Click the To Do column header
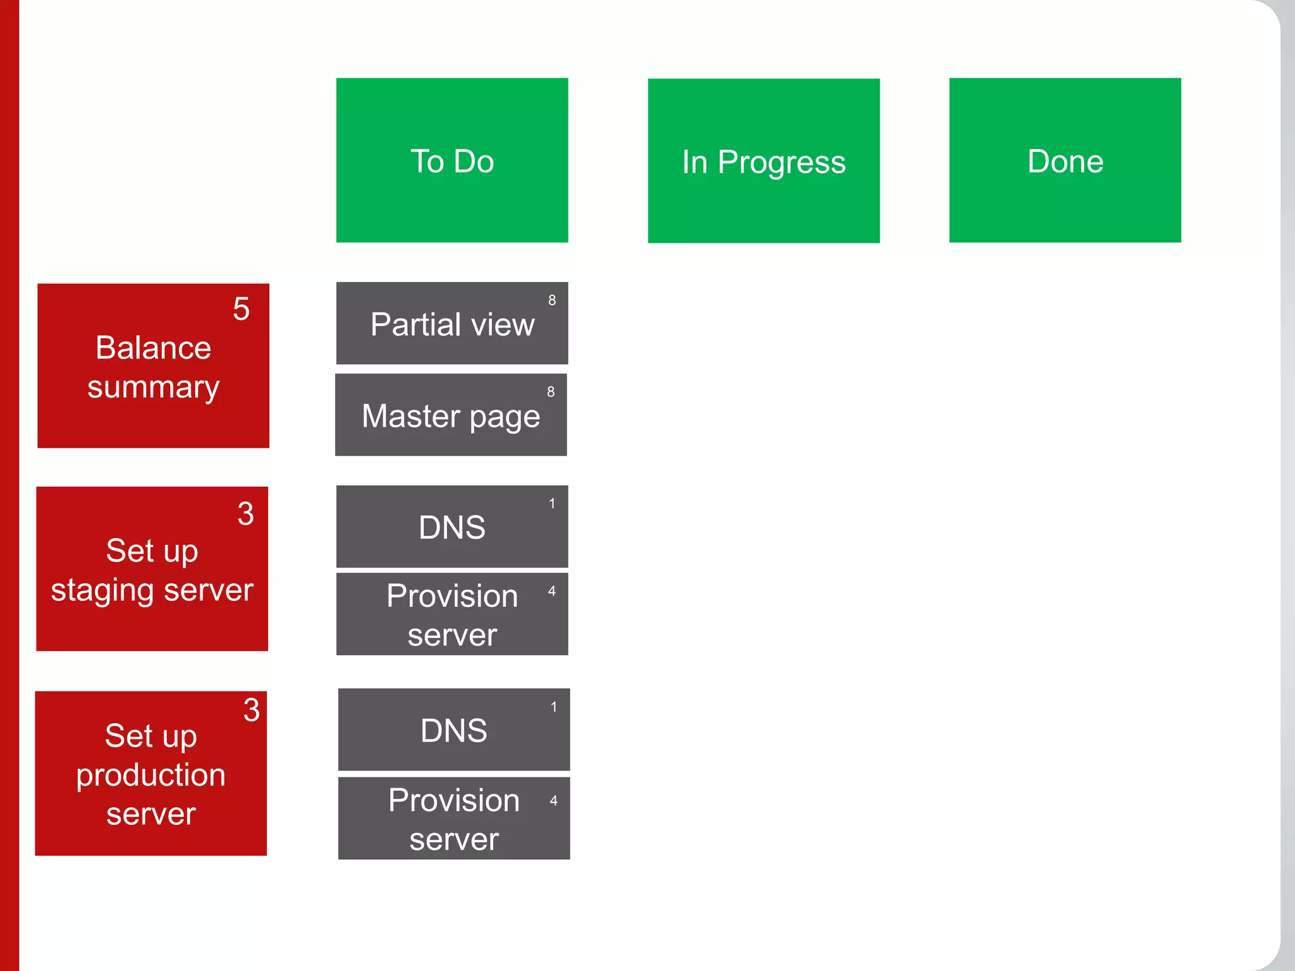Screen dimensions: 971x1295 451,161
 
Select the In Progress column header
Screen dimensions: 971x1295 763,161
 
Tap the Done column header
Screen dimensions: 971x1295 1065,161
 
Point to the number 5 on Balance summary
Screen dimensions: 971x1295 241,309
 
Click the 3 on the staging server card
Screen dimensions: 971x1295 245,513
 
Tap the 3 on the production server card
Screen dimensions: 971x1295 252,710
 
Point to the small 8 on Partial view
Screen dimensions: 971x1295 552,300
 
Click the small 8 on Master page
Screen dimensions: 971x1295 551,392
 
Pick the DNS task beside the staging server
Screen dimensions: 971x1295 451,527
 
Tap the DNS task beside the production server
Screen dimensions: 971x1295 453,730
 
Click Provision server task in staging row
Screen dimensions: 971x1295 451,614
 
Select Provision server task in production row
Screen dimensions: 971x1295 453,819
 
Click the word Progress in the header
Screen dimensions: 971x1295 782,162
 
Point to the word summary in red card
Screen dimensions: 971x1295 153,387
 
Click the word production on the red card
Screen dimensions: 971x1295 150,775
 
